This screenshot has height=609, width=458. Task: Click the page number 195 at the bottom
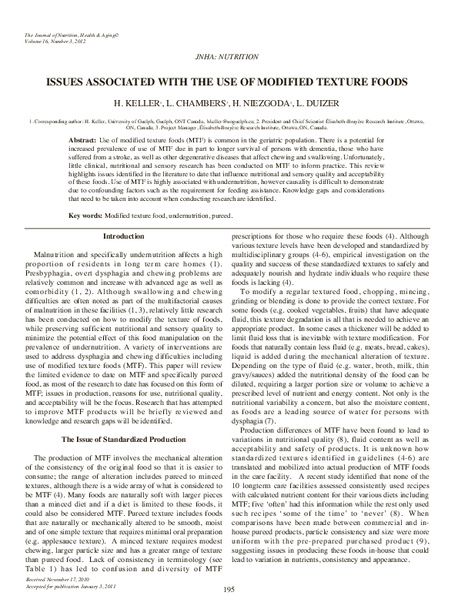point(229,589)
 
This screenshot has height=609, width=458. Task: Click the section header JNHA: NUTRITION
point(229,57)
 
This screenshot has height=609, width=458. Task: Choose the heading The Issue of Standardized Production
point(123,439)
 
